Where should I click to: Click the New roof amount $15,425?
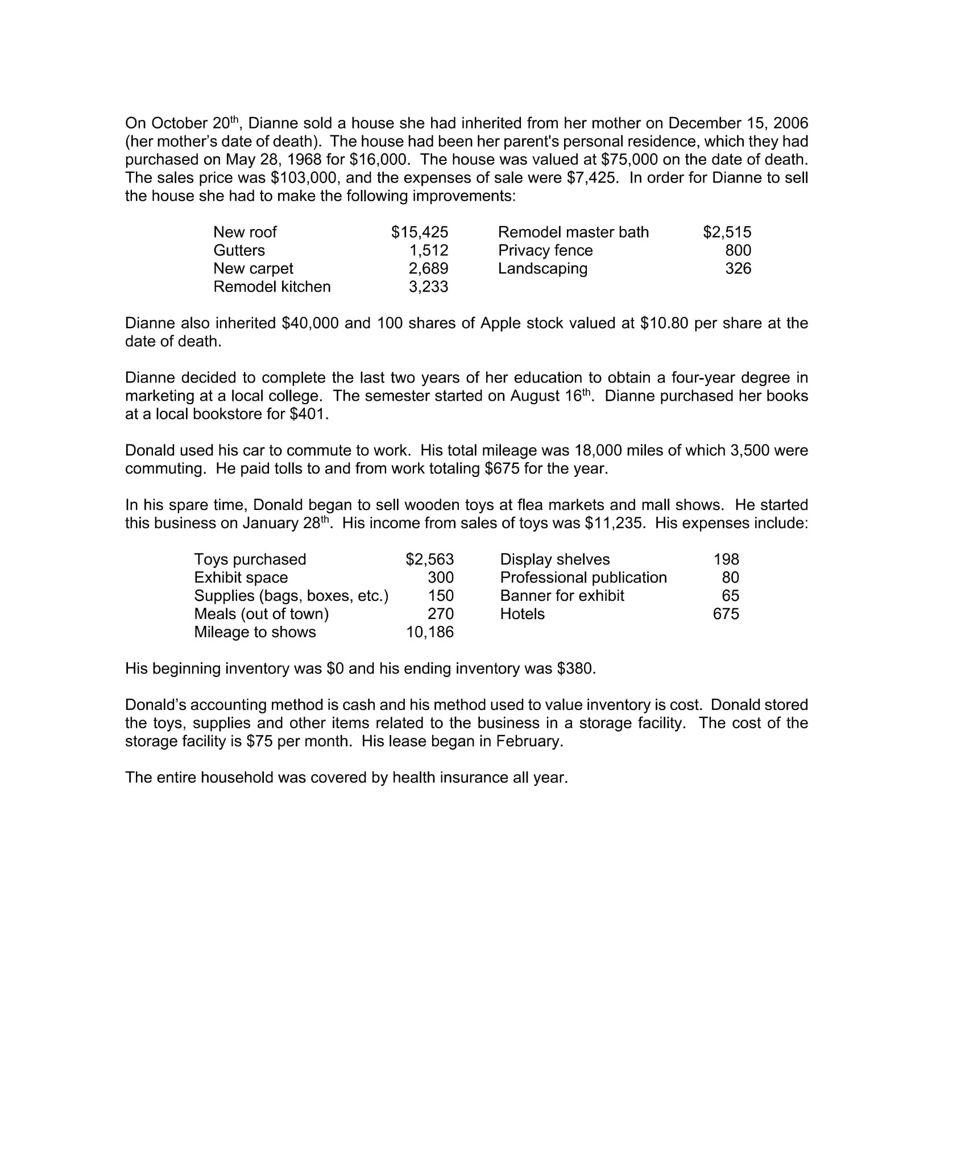[419, 232]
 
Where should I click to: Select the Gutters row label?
[239, 250]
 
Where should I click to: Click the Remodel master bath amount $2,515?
[727, 232]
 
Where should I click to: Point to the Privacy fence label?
[545, 250]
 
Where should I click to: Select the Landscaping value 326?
[738, 268]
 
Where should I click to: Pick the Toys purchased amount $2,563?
[429, 559]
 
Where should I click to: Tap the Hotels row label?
[522, 614]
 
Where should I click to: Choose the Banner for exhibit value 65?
[730, 596]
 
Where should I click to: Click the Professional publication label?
[583, 578]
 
